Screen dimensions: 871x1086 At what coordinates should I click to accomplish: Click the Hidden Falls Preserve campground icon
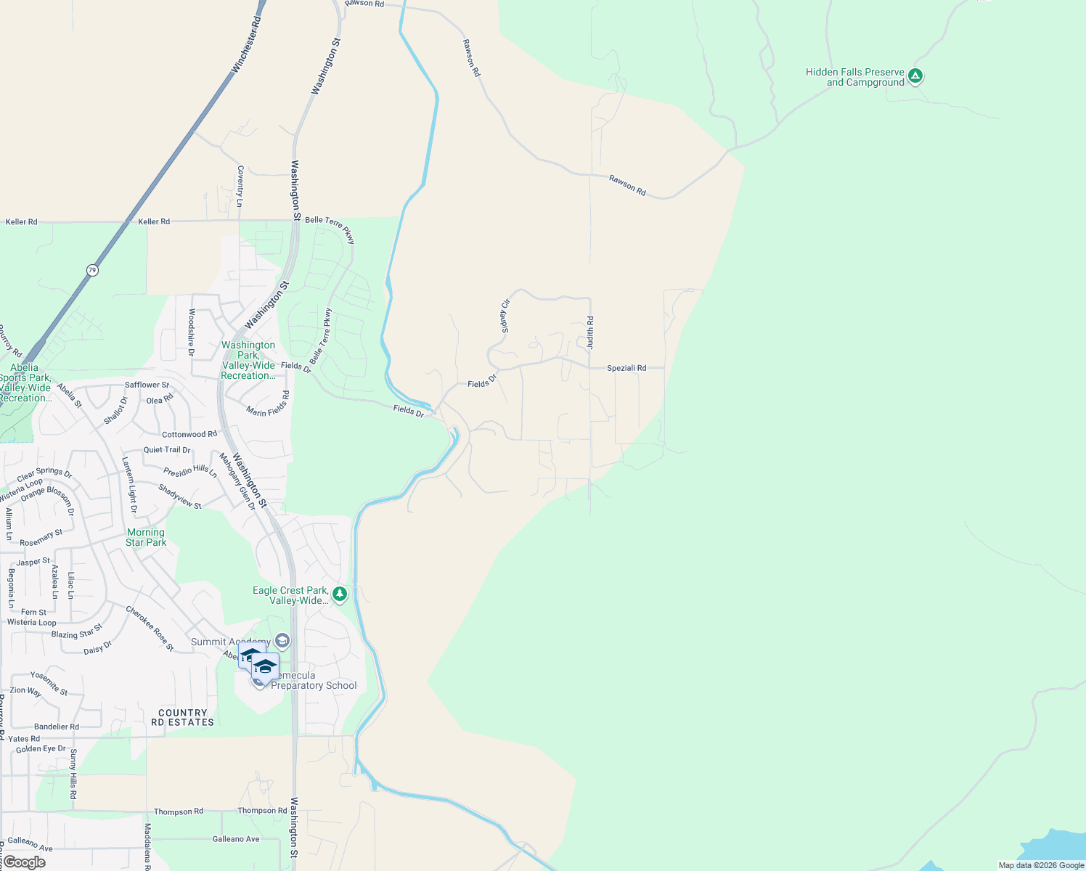pos(915,75)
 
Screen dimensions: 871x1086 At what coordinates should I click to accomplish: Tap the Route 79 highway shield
pos(91,270)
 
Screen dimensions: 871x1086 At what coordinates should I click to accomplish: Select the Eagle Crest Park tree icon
pos(339,594)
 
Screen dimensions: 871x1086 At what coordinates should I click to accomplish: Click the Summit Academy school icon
pos(282,641)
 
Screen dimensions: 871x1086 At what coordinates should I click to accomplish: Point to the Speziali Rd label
pos(626,368)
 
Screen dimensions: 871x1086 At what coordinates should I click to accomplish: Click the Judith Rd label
pos(590,332)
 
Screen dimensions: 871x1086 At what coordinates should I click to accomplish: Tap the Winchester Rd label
pos(246,44)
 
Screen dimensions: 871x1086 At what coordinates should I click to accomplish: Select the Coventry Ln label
pos(240,186)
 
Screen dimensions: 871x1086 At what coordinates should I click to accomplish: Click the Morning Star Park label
pos(146,537)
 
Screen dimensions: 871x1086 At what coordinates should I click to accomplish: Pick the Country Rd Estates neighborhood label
pos(183,717)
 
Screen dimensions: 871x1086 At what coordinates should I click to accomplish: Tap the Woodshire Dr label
pos(192,332)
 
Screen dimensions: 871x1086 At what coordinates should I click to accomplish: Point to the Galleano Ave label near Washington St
pos(236,839)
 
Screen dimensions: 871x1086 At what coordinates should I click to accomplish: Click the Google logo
pos(24,862)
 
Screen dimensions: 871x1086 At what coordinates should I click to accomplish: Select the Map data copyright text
pos(1041,865)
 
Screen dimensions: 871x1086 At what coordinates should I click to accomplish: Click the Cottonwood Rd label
pos(189,434)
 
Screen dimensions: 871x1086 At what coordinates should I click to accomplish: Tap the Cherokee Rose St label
pos(150,628)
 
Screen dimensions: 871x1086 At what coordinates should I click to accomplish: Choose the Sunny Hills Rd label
pos(73,774)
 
